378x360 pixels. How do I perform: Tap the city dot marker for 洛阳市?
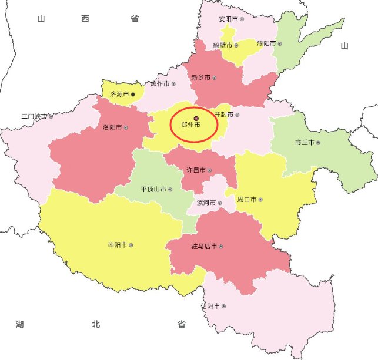tap(126, 127)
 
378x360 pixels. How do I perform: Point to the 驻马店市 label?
tap(204, 246)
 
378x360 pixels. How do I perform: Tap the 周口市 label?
tap(246, 200)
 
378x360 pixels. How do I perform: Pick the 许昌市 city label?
tap(196, 170)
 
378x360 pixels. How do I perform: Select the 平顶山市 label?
tap(153, 190)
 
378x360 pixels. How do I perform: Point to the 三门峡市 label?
tap(34, 116)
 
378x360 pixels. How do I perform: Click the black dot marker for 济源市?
tap(133, 94)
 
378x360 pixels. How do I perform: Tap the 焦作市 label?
tap(159, 84)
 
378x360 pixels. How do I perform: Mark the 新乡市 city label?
tap(200, 78)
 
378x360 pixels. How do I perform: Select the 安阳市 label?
tap(228, 19)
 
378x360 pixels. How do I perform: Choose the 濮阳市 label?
tap(266, 43)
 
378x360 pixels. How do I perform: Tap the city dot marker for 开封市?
tap(237, 115)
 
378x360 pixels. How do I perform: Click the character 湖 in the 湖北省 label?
tap(21, 324)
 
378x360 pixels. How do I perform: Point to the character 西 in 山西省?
tap(86, 19)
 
